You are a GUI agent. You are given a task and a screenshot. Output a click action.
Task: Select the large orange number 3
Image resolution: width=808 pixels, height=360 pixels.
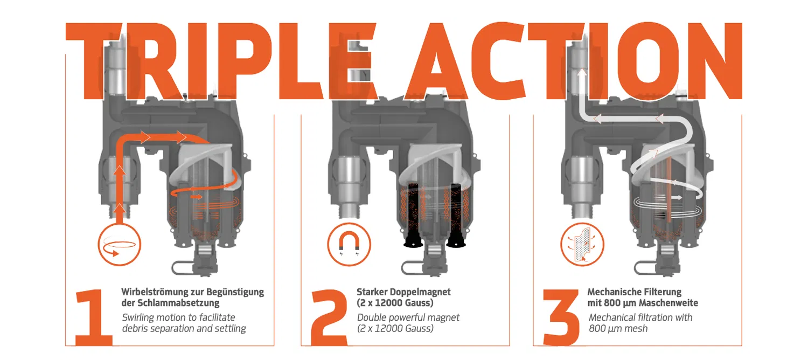(x=561, y=317)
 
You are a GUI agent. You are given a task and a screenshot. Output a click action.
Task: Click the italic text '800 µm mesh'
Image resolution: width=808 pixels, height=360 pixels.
(x=618, y=329)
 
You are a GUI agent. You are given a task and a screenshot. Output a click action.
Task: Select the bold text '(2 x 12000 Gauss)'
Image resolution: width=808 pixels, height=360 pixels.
(x=395, y=303)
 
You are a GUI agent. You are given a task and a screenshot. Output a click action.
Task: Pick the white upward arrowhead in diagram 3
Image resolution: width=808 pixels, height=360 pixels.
(x=581, y=73)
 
